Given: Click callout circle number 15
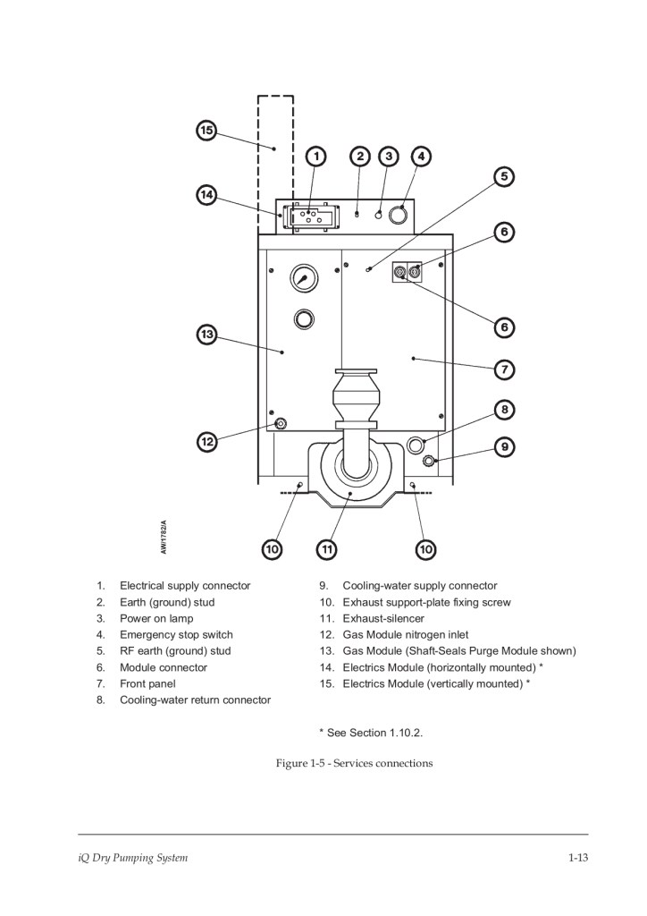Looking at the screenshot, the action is (206, 130).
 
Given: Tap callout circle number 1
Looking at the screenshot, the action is (316, 156).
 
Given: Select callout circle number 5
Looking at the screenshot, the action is (504, 176).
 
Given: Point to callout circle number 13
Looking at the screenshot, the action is (206, 335).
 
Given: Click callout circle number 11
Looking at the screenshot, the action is (327, 549).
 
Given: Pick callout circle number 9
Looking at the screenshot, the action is (505, 447).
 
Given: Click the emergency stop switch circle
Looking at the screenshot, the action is (399, 215).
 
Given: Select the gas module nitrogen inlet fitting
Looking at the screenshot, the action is (281, 423).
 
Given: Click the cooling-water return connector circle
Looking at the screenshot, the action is (416, 445).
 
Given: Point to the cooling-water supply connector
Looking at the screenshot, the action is (429, 461).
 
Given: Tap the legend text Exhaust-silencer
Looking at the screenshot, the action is (383, 618).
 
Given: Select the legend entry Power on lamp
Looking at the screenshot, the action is (156, 618).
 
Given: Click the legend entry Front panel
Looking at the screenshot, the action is (147, 683).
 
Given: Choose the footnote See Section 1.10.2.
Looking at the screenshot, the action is (371, 733).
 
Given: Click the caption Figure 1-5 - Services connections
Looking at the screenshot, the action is (354, 763).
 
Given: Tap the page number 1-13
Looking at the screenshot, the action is (578, 858).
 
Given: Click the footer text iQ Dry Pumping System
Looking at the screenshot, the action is (133, 858).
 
